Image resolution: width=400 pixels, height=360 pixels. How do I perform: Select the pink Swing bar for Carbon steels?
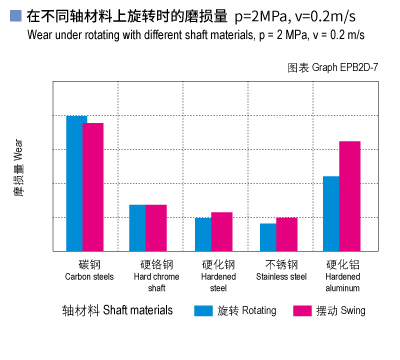click(94, 187)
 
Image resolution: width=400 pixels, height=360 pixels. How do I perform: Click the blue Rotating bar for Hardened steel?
click(203, 234)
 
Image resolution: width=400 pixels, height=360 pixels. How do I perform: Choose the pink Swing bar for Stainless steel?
click(286, 234)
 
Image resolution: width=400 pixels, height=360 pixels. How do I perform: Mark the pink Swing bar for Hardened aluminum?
click(350, 196)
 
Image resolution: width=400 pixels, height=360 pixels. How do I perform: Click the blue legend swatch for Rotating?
click(204, 310)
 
